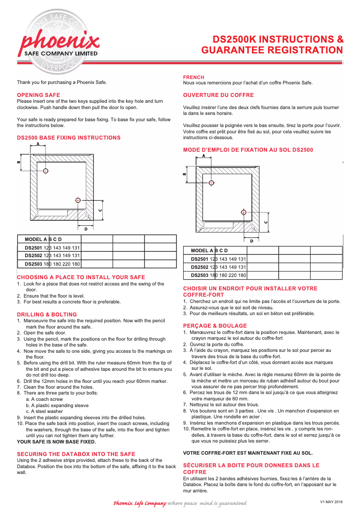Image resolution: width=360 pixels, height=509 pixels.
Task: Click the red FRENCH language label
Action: tap(193, 77)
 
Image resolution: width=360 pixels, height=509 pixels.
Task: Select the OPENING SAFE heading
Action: tap(39, 95)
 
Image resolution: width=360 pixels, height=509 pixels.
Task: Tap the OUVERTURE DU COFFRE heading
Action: tap(218, 95)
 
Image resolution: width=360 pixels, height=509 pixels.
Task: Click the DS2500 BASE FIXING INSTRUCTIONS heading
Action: tap(69, 137)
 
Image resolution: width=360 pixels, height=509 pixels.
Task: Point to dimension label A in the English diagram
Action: tap(38, 144)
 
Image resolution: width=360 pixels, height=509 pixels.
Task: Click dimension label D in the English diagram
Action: tap(86, 229)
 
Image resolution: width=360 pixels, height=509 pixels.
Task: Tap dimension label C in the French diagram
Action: tap(266, 222)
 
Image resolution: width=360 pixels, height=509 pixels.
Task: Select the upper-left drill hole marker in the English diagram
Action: tap(46, 171)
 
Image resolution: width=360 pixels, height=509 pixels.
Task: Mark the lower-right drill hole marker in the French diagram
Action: tap(244, 212)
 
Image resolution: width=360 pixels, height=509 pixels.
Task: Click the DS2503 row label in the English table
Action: tap(33, 264)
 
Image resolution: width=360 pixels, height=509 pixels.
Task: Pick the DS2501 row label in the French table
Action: tap(200, 259)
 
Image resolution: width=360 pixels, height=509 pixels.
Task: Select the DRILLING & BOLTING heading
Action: tap(47, 314)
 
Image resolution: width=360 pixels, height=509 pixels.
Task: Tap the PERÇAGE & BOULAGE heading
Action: tap(215, 325)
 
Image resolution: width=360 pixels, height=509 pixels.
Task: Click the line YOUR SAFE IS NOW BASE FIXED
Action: tap(57, 442)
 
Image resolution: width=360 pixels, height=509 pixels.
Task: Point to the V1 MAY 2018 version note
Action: tap(331, 501)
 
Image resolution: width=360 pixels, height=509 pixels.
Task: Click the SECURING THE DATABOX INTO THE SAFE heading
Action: tap(76, 454)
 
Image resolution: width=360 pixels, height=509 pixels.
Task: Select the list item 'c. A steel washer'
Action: tap(44, 411)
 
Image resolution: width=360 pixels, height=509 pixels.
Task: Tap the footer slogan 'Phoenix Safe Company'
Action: tap(140, 503)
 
